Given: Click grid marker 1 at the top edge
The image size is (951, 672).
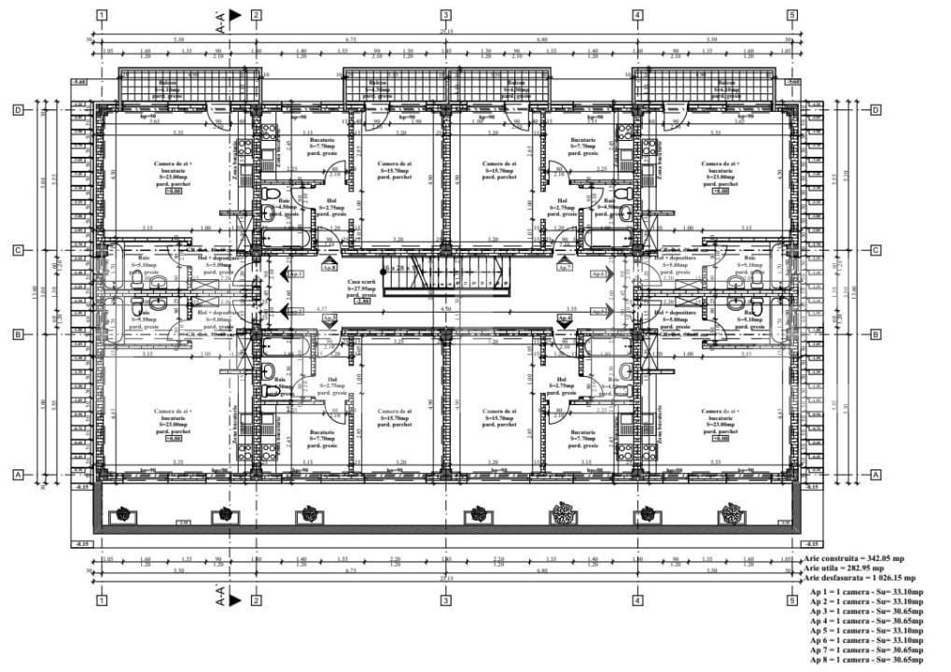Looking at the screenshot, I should (x=101, y=15).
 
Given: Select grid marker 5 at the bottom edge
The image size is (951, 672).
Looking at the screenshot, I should (x=791, y=601).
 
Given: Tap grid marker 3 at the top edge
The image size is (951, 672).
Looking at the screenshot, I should (x=446, y=15).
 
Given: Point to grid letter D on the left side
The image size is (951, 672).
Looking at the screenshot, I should (x=18, y=110).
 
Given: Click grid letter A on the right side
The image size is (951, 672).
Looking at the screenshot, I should (x=875, y=474).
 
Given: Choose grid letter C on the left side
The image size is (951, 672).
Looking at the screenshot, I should (x=18, y=250).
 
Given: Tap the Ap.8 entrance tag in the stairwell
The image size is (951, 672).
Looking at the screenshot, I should (x=329, y=267).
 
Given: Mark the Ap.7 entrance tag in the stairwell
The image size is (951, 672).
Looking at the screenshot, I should (x=564, y=267).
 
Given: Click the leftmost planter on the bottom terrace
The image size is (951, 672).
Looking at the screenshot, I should (x=120, y=513).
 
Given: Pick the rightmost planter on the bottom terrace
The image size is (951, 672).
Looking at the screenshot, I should (x=729, y=513).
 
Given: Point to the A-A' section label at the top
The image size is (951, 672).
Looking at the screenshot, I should (x=222, y=21).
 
